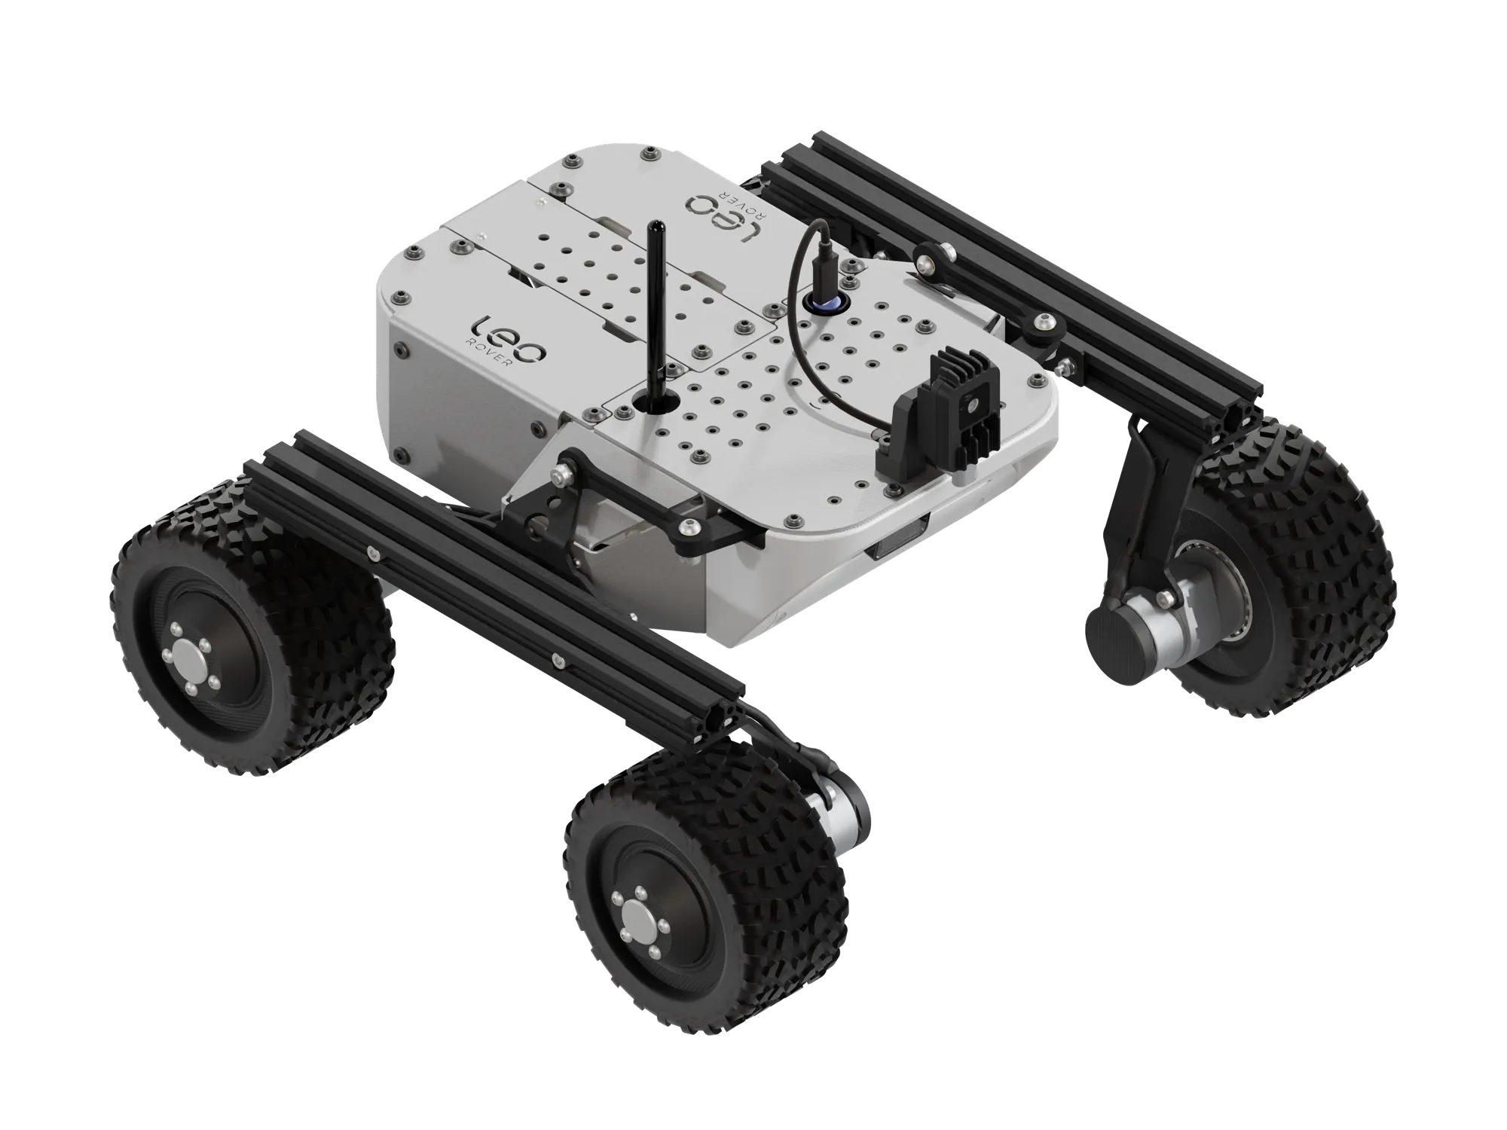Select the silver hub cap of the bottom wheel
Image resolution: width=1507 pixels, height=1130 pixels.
pyautogui.click(x=643, y=916)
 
